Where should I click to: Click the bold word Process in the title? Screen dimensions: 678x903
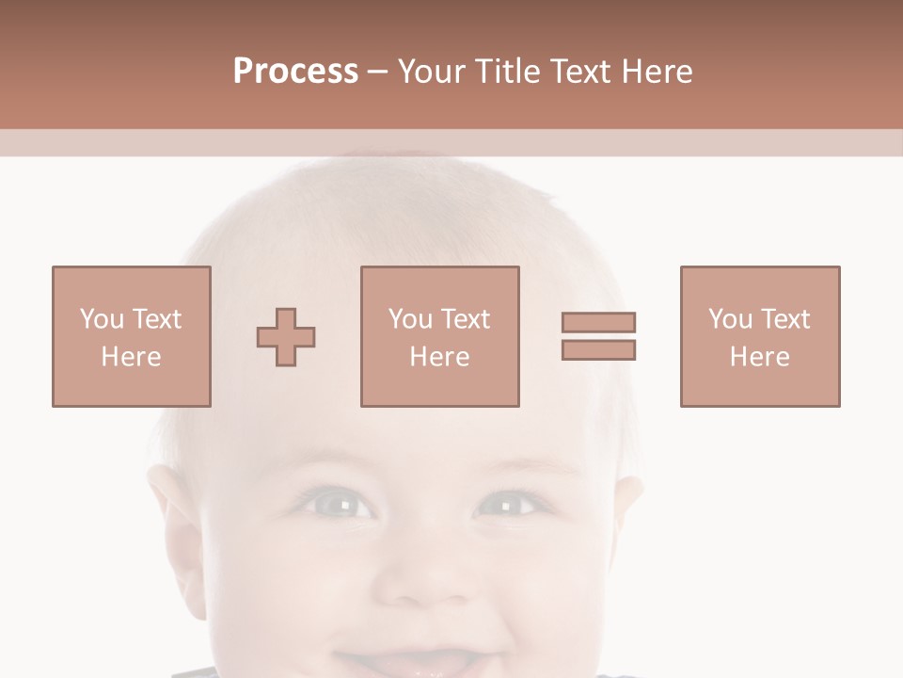[295, 72]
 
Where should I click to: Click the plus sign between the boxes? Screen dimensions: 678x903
[286, 337]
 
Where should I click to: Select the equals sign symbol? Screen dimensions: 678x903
[598, 336]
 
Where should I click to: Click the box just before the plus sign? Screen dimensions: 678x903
[131, 336]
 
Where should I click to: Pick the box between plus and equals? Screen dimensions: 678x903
[439, 336]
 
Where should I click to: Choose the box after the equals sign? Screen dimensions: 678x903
[759, 336]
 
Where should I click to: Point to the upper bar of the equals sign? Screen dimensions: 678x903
[598, 322]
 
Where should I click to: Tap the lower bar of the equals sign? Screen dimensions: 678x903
[598, 349]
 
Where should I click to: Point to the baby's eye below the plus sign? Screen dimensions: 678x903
[341, 506]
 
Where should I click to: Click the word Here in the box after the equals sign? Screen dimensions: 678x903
[759, 356]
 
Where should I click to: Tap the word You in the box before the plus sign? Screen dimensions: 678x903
[102, 318]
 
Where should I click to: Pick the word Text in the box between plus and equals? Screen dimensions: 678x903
[466, 318]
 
